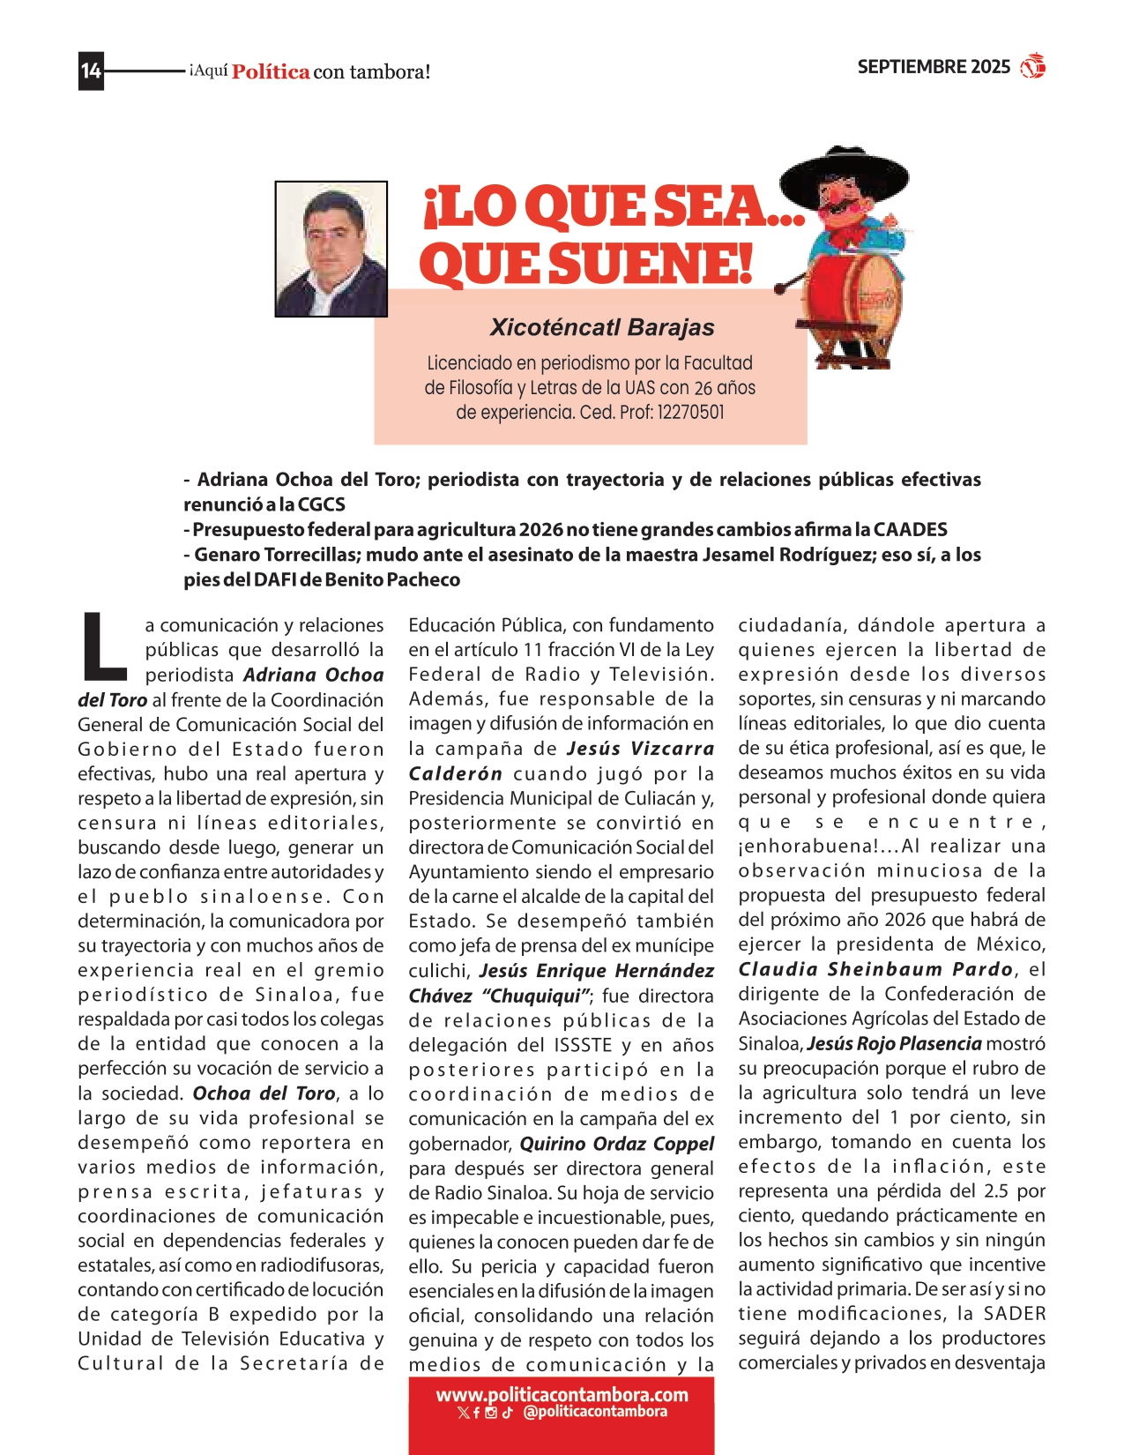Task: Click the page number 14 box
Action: tap(91, 71)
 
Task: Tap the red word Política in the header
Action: tap(271, 72)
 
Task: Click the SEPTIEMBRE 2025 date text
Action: tap(933, 67)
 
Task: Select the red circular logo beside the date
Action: tap(1032, 66)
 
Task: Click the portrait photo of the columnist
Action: tap(331, 249)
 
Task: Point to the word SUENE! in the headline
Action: tap(652, 264)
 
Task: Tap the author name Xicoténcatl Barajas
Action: tap(601, 327)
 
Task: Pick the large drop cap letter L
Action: tap(104, 647)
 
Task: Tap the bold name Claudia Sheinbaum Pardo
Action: tap(875, 969)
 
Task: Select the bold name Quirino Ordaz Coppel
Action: tap(616, 1144)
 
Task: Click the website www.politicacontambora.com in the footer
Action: tap(562, 1395)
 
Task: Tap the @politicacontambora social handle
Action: tap(594, 1412)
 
